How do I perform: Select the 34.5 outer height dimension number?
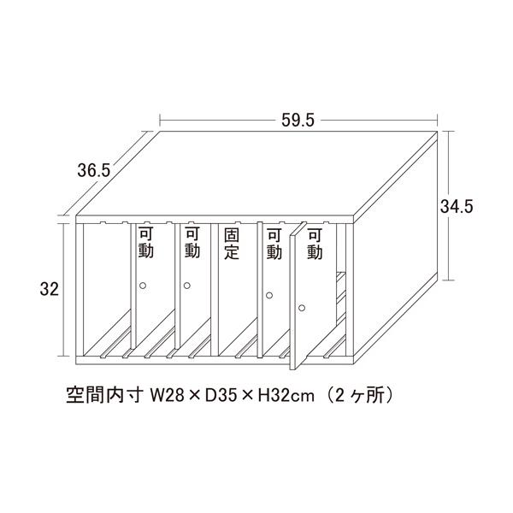[457, 206]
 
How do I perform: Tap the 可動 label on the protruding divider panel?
[314, 243]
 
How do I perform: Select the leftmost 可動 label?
[146, 243]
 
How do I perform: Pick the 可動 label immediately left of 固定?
[192, 243]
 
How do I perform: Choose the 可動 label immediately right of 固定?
[274, 243]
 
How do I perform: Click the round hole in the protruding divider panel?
[301, 306]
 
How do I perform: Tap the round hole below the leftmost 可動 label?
[144, 285]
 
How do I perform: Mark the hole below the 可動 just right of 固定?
[269, 295]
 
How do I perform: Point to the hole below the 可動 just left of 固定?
[186, 285]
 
